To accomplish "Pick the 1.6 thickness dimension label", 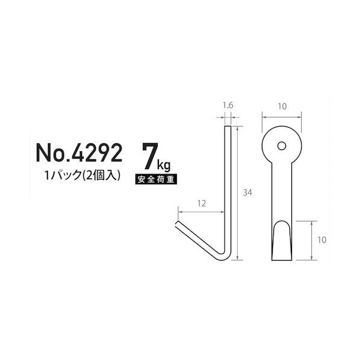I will (x=228, y=106).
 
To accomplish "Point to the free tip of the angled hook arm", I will (x=179, y=225).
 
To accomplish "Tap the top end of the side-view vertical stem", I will (x=228, y=128).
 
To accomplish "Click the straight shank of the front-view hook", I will (x=281, y=193).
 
